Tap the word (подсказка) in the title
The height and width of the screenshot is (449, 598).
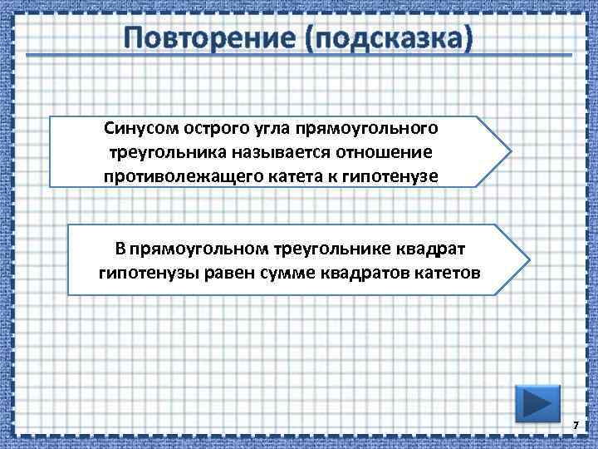click(x=389, y=38)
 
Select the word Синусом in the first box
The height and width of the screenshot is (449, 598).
click(x=135, y=129)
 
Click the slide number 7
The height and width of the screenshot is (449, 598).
click(x=574, y=426)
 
